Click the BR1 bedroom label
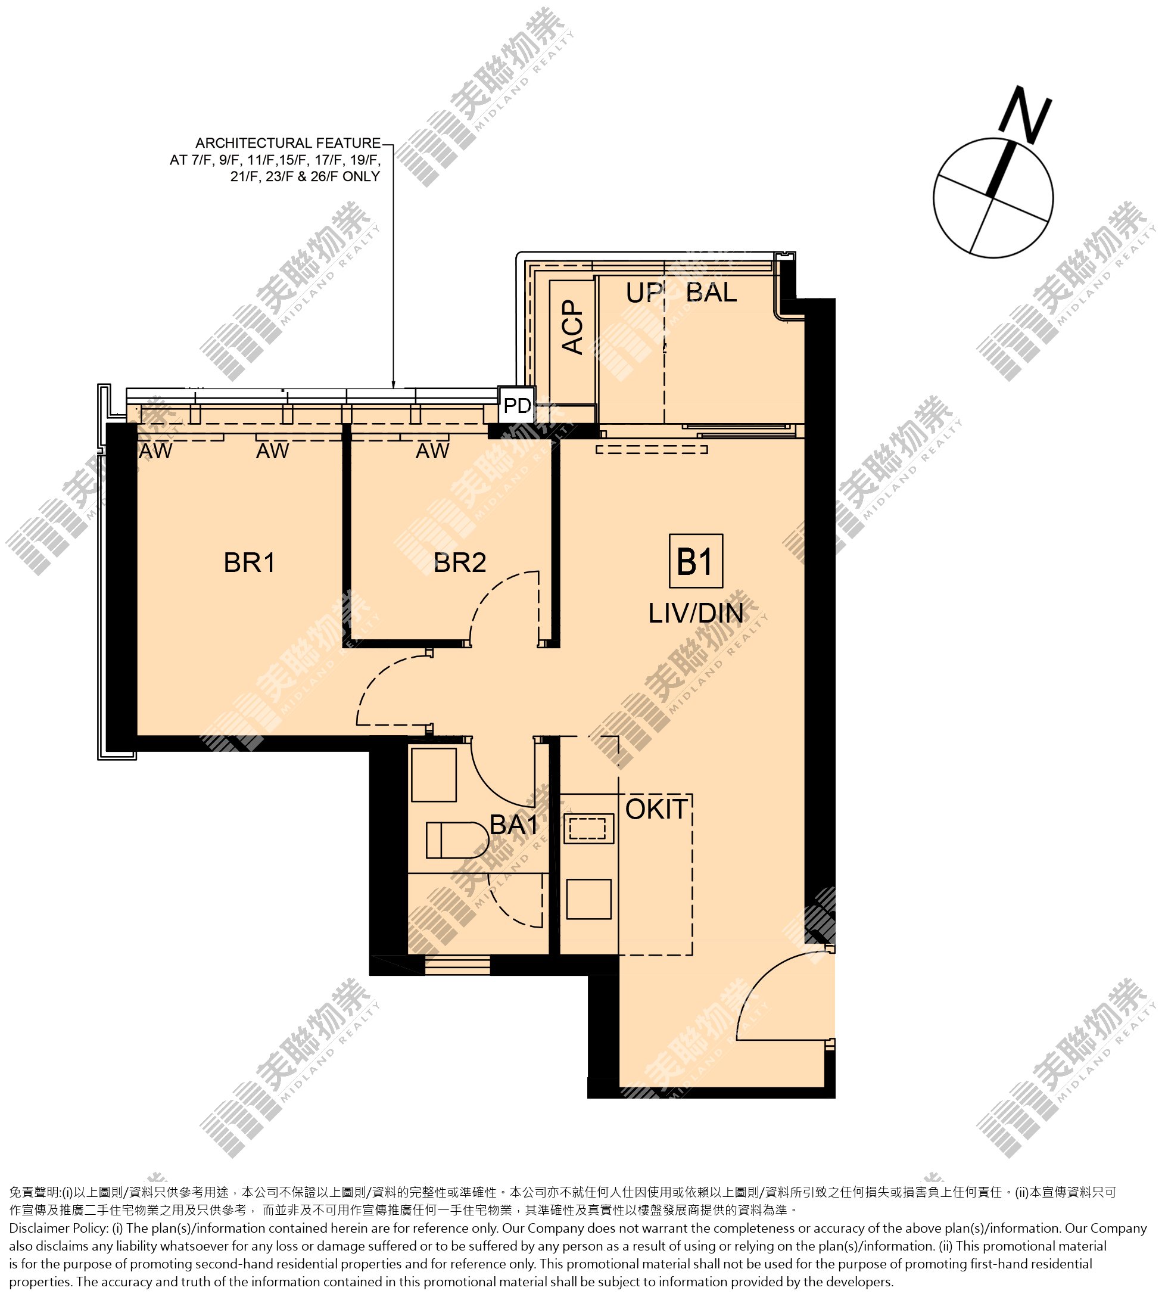[250, 563]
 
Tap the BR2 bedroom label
[460, 563]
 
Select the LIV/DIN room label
[696, 614]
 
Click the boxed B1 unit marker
[696, 561]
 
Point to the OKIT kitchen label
[657, 810]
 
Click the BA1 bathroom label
[514, 825]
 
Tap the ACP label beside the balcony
[573, 326]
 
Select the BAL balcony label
[711, 293]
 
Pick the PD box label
[517, 405]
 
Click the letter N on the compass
[1026, 115]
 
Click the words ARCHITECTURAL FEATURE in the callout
[288, 143]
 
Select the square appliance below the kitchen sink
[589, 899]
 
